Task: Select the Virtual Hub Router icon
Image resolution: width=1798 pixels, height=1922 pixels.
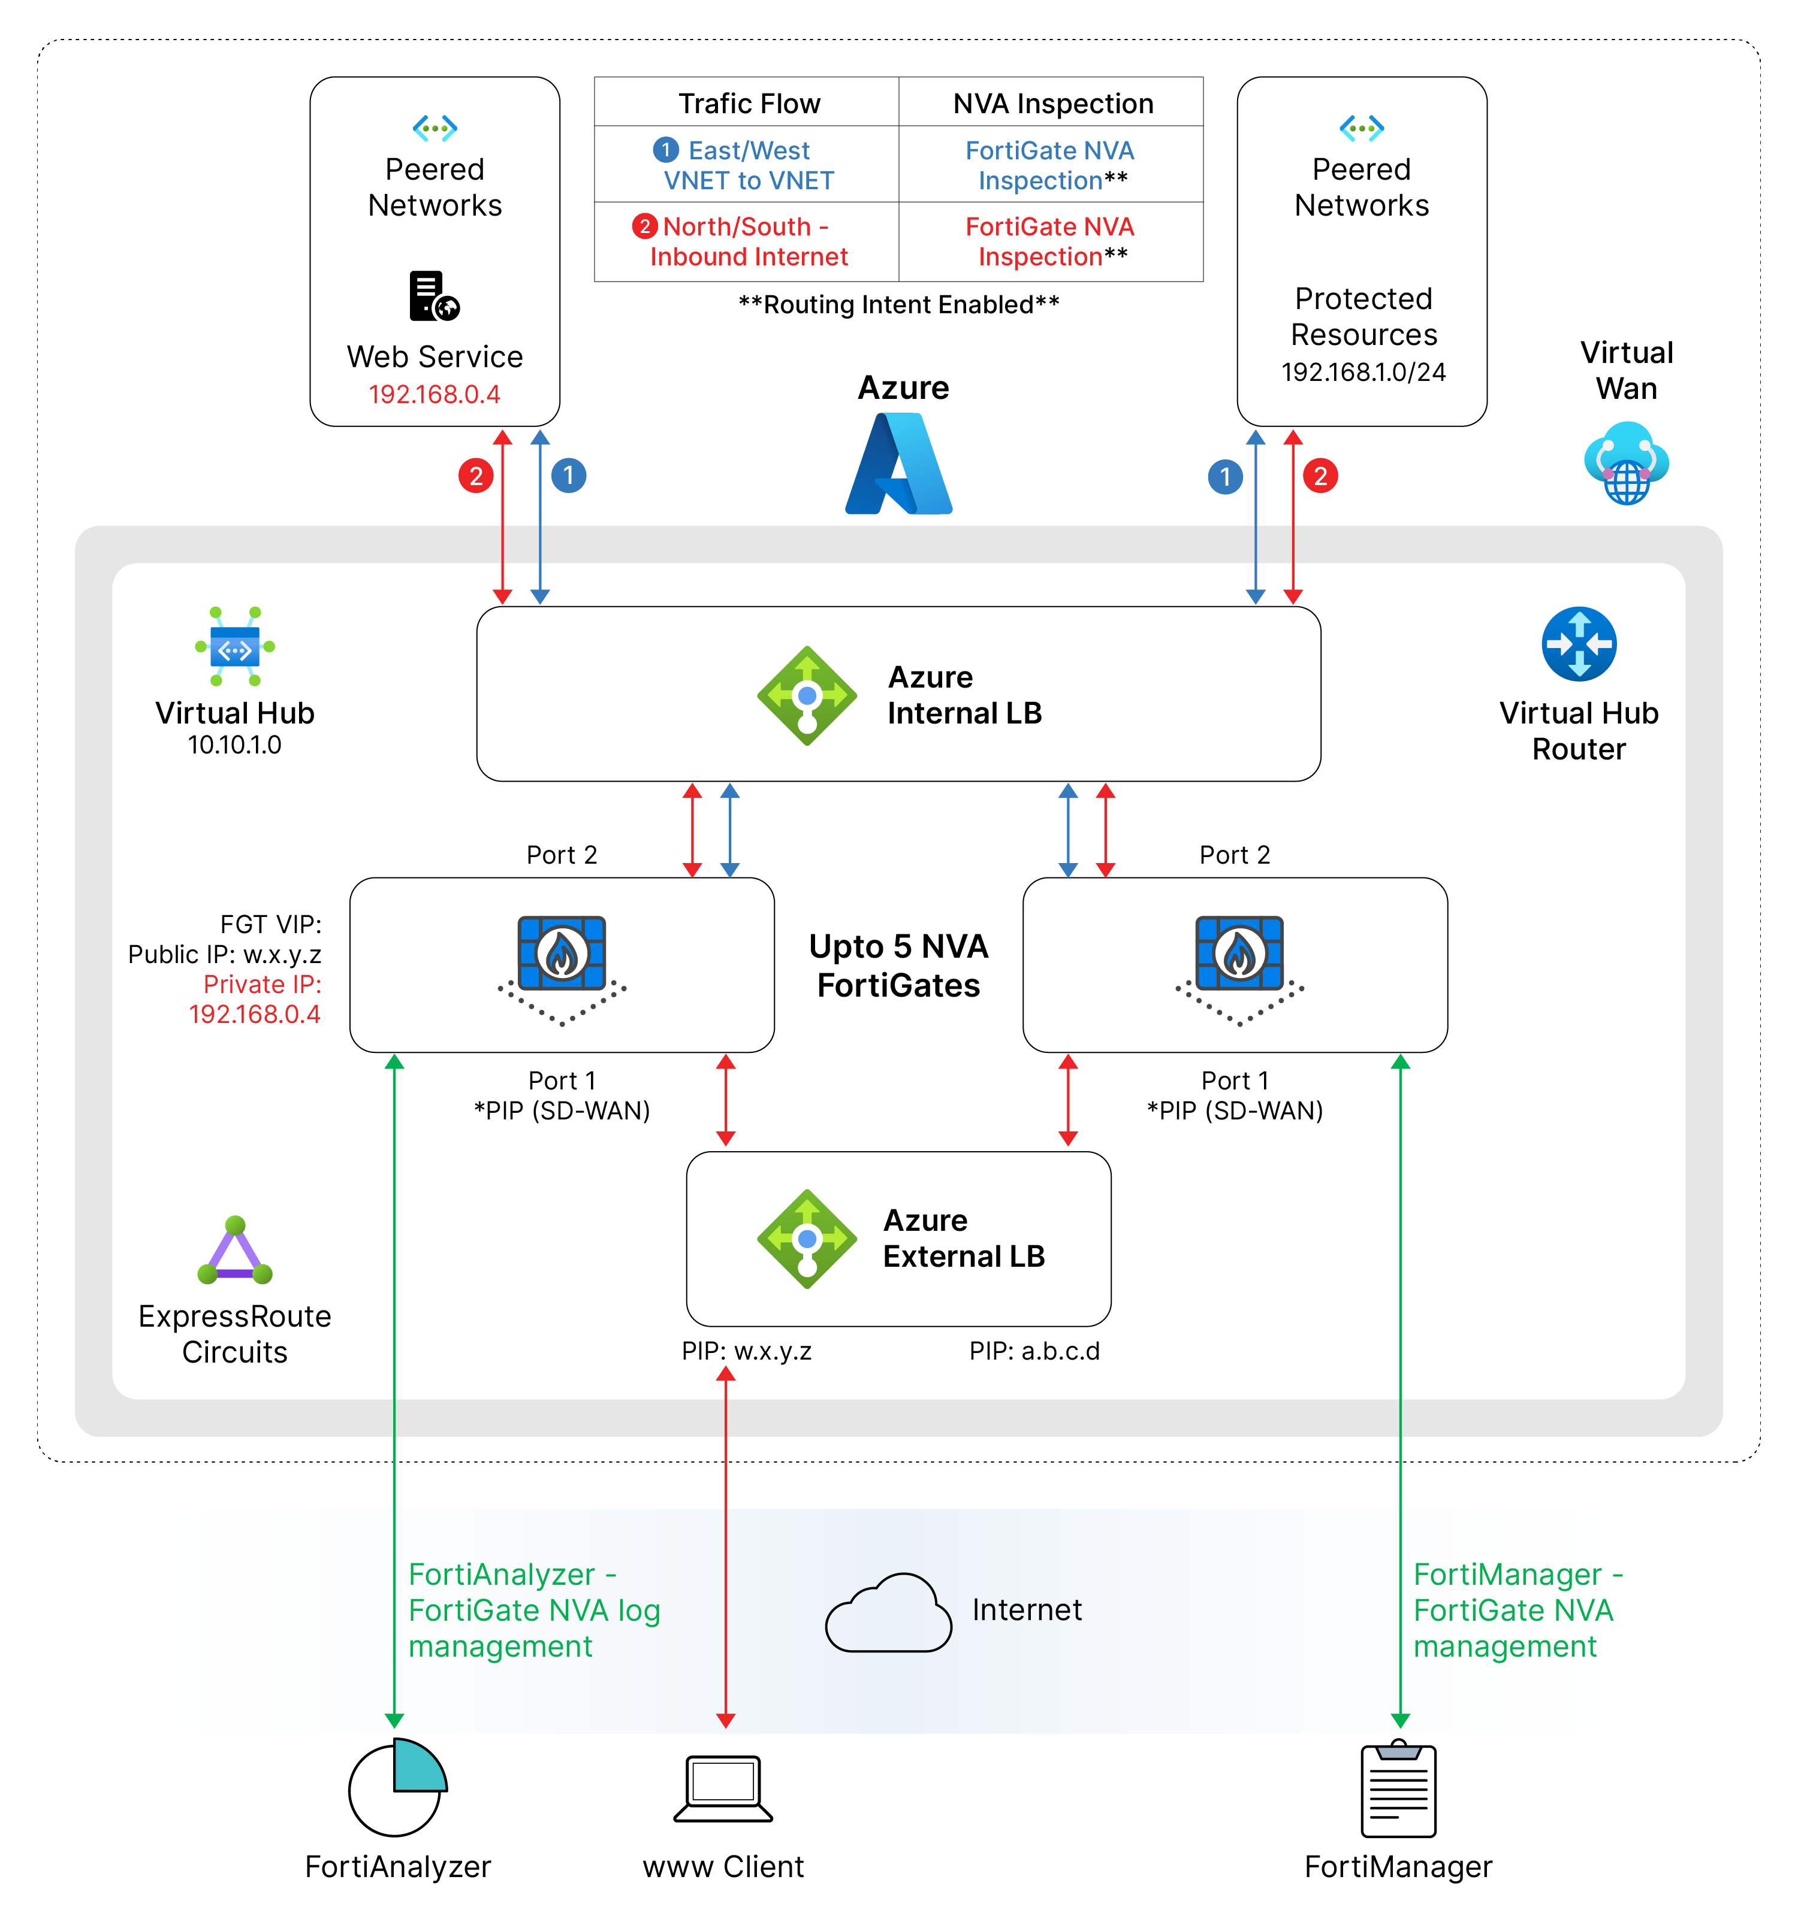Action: tap(1579, 644)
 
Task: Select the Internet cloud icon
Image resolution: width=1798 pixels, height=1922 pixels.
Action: tap(888, 1612)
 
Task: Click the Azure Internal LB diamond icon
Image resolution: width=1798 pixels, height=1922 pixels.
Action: tap(807, 695)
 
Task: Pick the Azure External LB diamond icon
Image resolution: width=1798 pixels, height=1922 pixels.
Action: tap(807, 1239)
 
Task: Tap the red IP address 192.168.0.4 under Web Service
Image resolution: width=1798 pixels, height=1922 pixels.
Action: tap(435, 395)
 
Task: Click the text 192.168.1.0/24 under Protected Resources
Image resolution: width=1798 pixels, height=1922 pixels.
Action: tap(1363, 372)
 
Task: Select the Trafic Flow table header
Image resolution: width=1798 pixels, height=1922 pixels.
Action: tap(749, 104)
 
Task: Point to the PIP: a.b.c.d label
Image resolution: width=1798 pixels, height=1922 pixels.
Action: tap(1034, 1351)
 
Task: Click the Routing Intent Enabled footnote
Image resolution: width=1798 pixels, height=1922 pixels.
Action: tap(898, 304)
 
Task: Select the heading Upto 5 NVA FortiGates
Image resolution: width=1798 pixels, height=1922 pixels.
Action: tap(898, 965)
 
